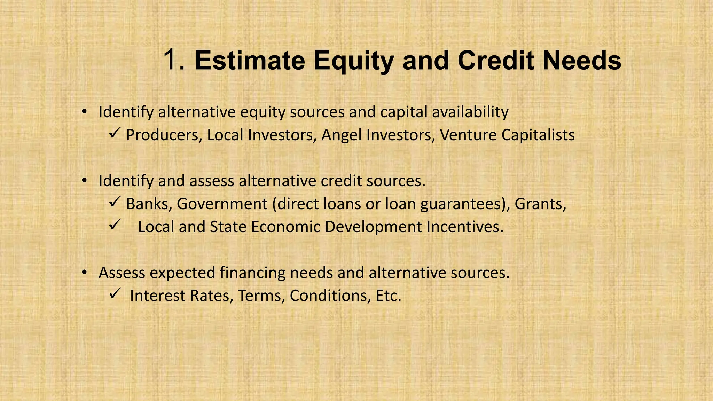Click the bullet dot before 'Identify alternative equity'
pos(84,112)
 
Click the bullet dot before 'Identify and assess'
pos(84,181)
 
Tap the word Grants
pos(540,204)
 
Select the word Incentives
pos(465,227)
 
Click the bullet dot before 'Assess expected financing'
pos(84,273)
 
